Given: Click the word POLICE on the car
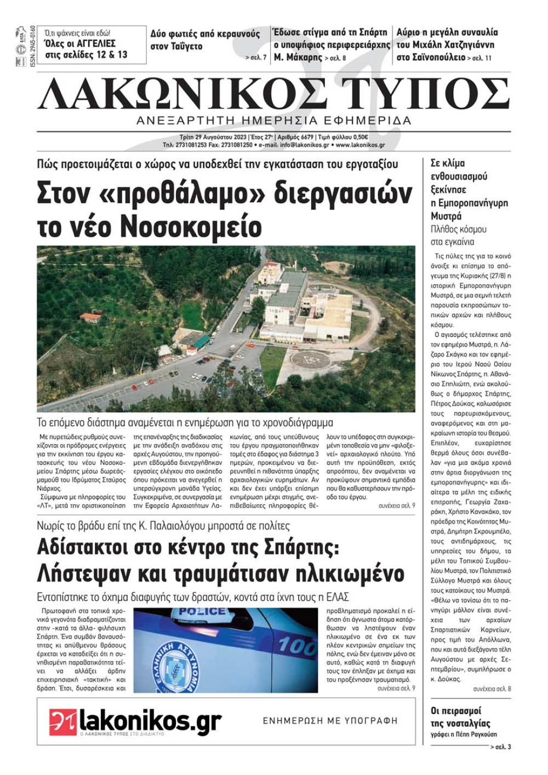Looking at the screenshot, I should [x=202, y=612].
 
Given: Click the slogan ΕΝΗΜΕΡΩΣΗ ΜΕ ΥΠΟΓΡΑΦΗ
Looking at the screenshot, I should [x=330, y=721].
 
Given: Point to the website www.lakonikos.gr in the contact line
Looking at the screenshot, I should [x=360, y=145].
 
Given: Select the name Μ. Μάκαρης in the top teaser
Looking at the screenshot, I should [x=298, y=58].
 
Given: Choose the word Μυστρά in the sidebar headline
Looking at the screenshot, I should [x=446, y=216].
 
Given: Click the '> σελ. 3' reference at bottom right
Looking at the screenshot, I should [x=500, y=747].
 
